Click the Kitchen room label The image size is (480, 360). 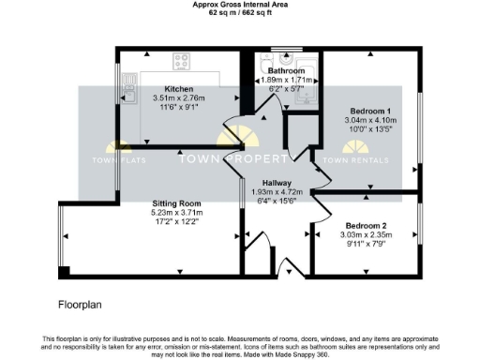coord(172,88)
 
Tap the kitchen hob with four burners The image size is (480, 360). coord(182,63)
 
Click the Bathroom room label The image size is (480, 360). coord(286,71)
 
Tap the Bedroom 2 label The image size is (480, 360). coord(366,226)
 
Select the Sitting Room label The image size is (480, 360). coord(177,203)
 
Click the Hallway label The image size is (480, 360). coord(277,183)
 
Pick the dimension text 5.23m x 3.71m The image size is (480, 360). coord(177,213)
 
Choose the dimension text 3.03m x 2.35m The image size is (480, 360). coord(366,236)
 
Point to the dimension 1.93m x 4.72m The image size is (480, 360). coord(277,191)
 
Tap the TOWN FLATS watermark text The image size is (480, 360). coord(118,159)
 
